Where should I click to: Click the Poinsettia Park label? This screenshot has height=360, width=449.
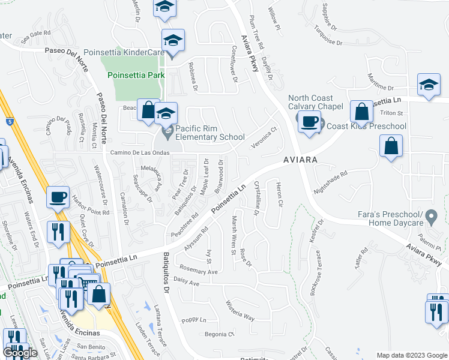pos(136,75)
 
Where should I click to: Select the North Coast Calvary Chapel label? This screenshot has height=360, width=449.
pos(315,103)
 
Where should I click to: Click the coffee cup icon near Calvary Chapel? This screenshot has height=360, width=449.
pos(310,122)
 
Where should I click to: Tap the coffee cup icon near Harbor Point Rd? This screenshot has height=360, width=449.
pos(58,197)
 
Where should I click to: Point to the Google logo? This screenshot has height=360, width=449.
pos(20,353)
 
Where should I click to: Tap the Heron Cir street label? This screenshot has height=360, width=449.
pos(279,194)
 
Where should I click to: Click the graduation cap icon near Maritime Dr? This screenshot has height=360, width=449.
pos(429,85)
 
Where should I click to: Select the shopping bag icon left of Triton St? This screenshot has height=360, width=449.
pos(361,112)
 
